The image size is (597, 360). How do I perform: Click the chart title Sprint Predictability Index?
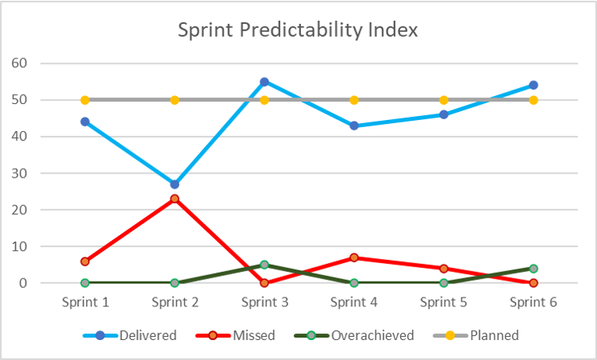(x=298, y=30)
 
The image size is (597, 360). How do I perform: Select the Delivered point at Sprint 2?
(x=174, y=184)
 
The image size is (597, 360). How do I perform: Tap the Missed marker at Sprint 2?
(x=174, y=198)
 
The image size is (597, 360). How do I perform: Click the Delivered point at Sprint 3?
(x=264, y=82)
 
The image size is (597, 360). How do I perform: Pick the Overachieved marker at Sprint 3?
(x=264, y=265)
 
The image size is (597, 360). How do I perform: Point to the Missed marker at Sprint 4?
(x=354, y=258)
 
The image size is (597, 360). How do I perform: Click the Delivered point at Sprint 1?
(x=85, y=122)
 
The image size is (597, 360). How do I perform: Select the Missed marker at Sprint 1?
(x=85, y=262)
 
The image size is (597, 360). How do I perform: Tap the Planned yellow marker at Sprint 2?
(x=174, y=100)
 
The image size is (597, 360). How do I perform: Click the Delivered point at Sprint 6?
(x=533, y=85)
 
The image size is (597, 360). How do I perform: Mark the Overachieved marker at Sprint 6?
(x=533, y=269)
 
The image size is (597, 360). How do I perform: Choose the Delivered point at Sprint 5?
(x=443, y=114)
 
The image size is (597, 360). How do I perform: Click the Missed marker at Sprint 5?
(x=443, y=269)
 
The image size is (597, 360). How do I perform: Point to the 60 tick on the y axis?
(x=40, y=63)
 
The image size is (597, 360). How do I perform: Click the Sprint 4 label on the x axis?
(x=354, y=302)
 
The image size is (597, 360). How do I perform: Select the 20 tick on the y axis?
(x=40, y=210)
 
